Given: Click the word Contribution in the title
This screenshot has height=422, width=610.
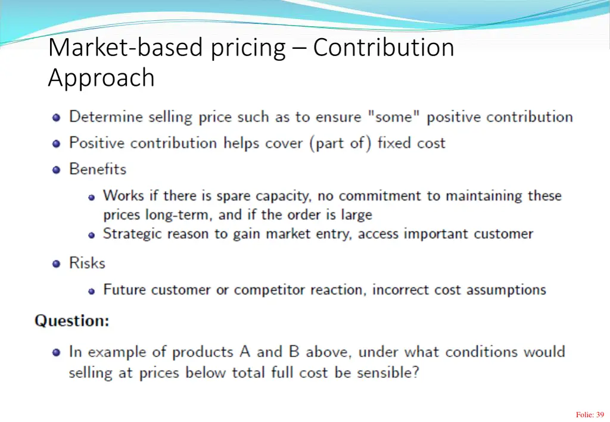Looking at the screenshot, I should pos(383,48).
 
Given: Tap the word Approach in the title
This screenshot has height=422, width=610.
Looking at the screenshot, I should pos(101,78).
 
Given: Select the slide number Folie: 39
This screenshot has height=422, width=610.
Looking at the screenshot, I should pos(590,415).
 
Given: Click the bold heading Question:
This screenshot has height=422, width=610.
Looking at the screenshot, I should pos(72,321).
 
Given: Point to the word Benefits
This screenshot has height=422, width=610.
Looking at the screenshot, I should pos(98,169).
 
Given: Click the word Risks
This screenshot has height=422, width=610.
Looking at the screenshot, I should pos(87,263).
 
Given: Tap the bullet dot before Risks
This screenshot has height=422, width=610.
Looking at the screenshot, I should pos(57,264).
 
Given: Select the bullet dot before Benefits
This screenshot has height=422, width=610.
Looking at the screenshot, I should pos(57,170).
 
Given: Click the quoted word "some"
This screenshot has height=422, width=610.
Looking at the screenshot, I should pos(394,117).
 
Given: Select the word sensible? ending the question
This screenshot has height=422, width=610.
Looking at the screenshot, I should pos(388,373).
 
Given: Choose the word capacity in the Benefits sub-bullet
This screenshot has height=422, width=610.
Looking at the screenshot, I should pos(282,196).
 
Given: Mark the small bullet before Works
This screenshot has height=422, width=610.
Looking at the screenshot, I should pos(92,196).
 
